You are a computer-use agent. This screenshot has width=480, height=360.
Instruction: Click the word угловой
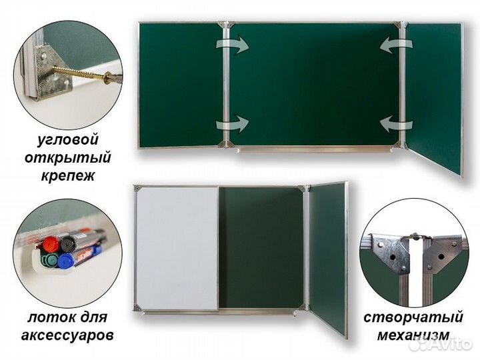pyautogui.click(x=67, y=139)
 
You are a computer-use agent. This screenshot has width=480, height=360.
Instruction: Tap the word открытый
pyautogui.click(x=67, y=158)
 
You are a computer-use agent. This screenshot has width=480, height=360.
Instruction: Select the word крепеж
pyautogui.click(x=67, y=176)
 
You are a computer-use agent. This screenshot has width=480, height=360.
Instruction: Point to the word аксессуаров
pyautogui.click(x=67, y=335)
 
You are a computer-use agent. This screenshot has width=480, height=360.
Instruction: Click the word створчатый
pyautogui.click(x=413, y=317)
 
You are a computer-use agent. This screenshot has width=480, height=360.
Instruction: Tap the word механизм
pyautogui.click(x=413, y=335)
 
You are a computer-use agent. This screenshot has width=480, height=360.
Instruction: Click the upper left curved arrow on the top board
pyautogui.click(x=233, y=45)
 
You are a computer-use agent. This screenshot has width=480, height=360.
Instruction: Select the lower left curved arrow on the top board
pyautogui.click(x=233, y=124)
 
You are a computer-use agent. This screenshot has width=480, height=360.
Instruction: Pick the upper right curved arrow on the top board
pyautogui.click(x=396, y=45)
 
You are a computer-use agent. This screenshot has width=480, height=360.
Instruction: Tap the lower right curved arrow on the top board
pyautogui.click(x=396, y=124)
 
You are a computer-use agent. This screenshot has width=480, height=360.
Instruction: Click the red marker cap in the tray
pyautogui.click(x=51, y=243)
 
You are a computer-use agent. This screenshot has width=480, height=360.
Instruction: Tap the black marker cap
pyautogui.click(x=68, y=244)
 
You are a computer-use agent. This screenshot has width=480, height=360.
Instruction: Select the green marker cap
pyautogui.click(x=49, y=261)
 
